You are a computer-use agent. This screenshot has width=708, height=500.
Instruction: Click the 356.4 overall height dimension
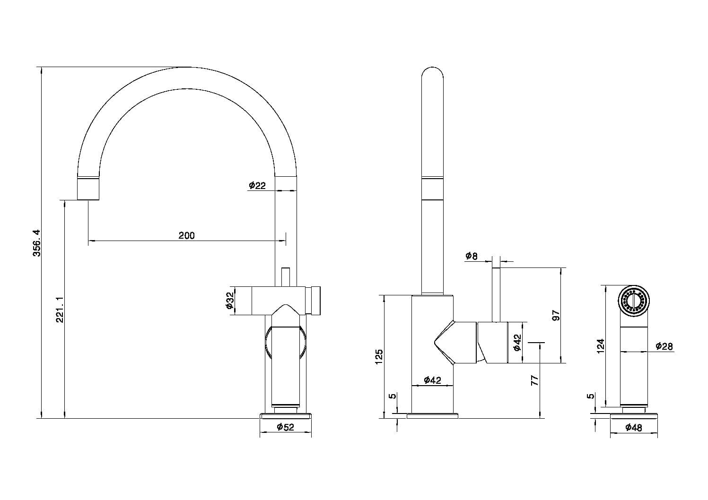pos(37,243)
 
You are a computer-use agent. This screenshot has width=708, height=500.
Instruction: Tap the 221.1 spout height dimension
pos(60,309)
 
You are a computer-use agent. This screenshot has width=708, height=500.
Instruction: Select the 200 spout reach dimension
pos(186,235)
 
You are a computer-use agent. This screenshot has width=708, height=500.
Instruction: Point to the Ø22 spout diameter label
pos(257,185)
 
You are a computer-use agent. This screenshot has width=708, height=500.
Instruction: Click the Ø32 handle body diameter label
pos(229,301)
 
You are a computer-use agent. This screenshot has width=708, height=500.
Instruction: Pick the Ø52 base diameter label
pos(285,427)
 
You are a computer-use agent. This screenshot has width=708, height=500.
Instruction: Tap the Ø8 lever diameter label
pos(471,256)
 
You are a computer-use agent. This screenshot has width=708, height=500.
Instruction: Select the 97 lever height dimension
pos(556,316)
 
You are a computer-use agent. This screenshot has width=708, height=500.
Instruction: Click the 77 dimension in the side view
pos(534,380)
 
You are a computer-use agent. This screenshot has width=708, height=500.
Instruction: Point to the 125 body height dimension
pos(379,357)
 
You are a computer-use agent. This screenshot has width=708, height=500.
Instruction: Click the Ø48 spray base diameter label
pos(634,427)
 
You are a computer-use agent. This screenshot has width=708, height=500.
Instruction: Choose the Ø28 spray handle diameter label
pos(664,346)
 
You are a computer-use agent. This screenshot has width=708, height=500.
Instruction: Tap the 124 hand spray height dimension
pos(600,346)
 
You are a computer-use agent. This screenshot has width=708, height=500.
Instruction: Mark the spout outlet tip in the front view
pos(88,199)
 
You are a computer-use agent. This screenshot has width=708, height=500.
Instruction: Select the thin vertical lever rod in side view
pos(496,295)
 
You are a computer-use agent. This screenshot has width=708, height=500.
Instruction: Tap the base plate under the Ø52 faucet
pos(285,416)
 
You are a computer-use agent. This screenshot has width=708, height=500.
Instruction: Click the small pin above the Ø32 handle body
pos(286,277)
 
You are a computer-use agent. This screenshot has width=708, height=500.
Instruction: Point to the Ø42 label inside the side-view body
pos(432,379)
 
